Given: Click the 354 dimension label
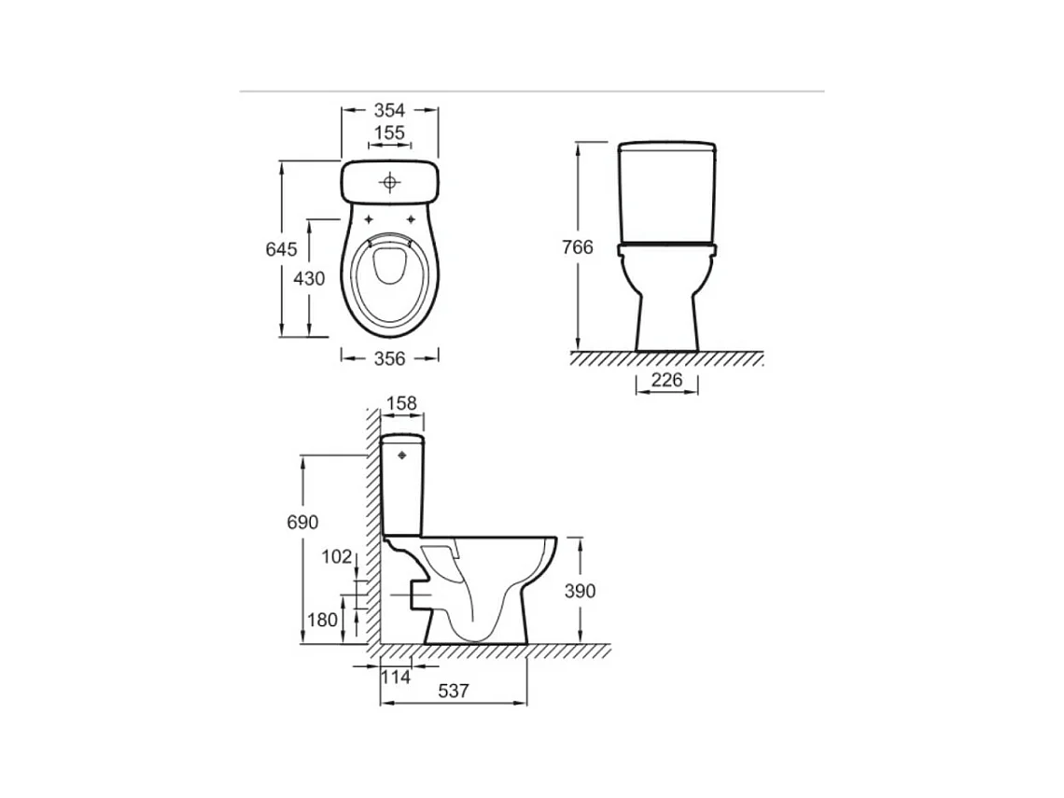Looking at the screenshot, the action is [x=389, y=110].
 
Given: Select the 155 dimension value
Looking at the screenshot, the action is [x=389, y=133].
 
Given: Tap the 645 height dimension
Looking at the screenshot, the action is [x=281, y=250].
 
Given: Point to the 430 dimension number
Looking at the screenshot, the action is [x=309, y=278].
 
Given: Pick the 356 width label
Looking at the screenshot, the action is [x=389, y=358].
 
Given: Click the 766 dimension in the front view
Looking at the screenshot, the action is [x=578, y=247].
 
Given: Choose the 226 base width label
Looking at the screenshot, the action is [x=666, y=380].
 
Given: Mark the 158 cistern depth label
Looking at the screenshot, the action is [x=401, y=404].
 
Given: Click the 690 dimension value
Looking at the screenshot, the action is [x=302, y=523].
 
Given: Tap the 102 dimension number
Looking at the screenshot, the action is [x=337, y=557].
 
